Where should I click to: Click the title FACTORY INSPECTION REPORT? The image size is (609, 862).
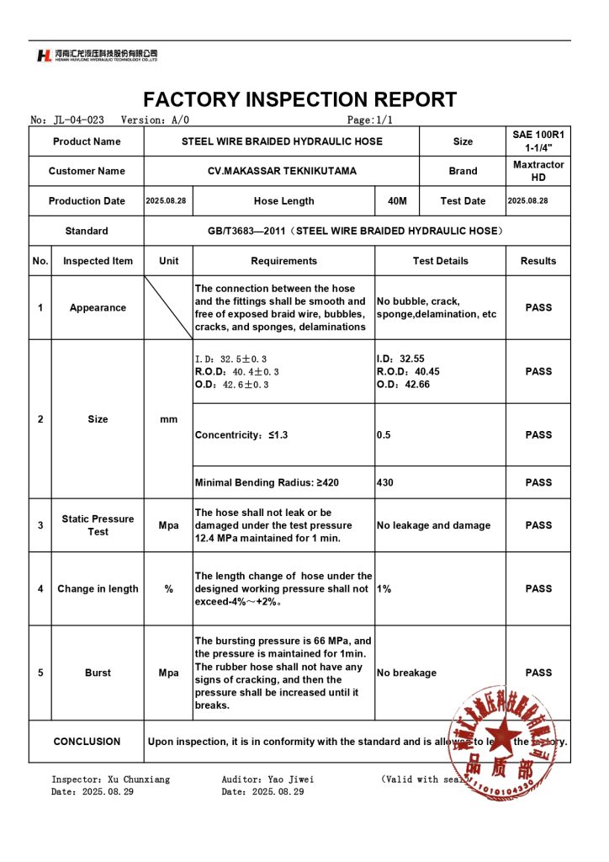click(x=300, y=99)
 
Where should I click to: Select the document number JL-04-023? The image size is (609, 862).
click(x=78, y=120)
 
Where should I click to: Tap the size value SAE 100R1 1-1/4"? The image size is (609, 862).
click(x=538, y=141)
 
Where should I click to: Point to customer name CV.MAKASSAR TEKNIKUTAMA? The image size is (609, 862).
click(x=282, y=171)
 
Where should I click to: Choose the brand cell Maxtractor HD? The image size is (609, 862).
click(x=538, y=171)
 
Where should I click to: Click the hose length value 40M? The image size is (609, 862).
click(x=397, y=201)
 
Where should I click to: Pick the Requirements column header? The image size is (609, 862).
click(x=283, y=261)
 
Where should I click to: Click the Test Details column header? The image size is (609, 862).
click(x=440, y=261)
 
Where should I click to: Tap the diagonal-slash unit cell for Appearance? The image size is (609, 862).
click(x=168, y=307)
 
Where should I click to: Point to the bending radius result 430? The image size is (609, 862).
click(x=385, y=483)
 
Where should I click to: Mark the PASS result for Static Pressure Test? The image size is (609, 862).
click(x=538, y=525)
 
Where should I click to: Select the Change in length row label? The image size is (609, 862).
click(x=98, y=589)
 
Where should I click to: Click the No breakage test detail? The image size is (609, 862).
click(x=406, y=673)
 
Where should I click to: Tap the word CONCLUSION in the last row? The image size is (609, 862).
click(x=87, y=742)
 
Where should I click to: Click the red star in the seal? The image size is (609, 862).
click(x=503, y=735)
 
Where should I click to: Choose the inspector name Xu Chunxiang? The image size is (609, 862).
click(x=138, y=780)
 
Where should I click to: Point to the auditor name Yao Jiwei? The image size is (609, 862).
click(x=291, y=780)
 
